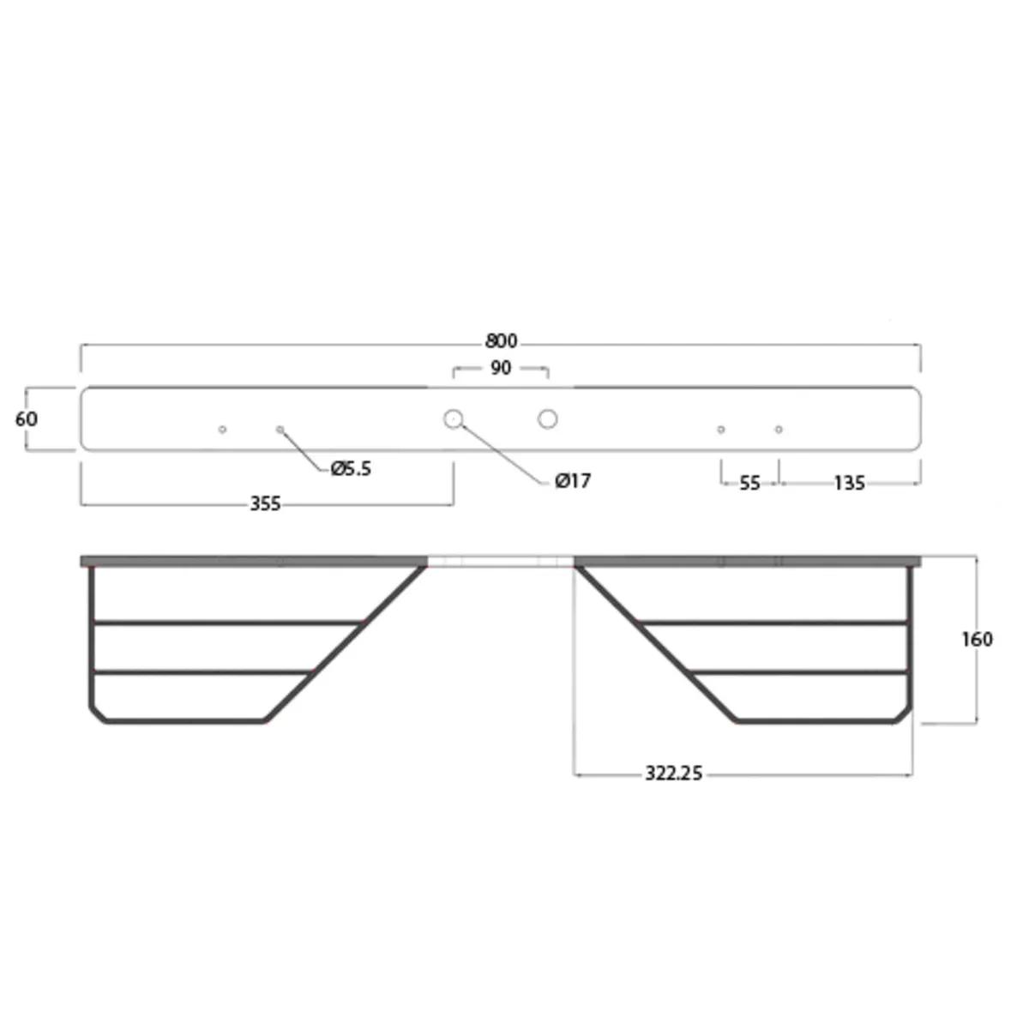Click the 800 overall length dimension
[501, 341]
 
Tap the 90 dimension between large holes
[501, 368]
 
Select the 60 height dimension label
[27, 419]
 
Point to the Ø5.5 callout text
[351, 469]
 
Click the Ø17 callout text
[573, 481]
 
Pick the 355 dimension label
[265, 504]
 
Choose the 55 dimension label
[749, 484]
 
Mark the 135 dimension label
[849, 484]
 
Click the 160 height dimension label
[977, 640]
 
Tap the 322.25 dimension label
[673, 773]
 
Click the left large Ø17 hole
[453, 419]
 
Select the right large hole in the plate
[548, 419]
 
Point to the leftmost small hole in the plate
[222, 429]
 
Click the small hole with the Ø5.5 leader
[280, 429]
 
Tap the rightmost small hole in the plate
[779, 429]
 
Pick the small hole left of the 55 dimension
[721, 429]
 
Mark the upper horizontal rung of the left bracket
[227, 623]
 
